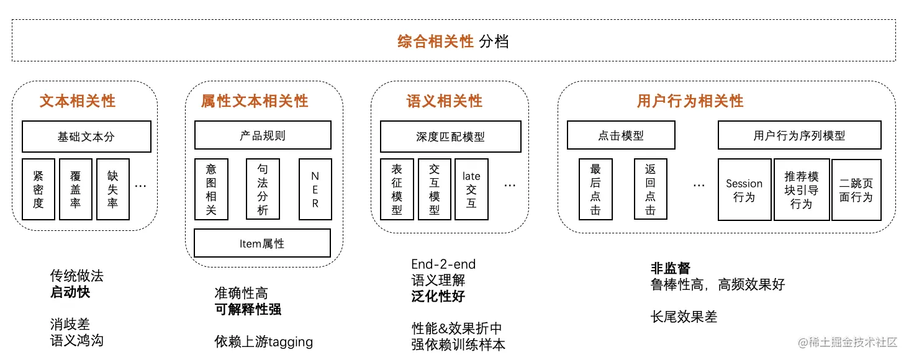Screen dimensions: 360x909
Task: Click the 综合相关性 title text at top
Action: click(x=435, y=42)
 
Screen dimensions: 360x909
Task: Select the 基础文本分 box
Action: click(x=86, y=137)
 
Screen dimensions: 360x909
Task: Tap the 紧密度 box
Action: click(x=38, y=189)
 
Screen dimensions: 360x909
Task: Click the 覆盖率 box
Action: click(x=76, y=189)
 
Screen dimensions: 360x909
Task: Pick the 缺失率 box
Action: click(x=113, y=189)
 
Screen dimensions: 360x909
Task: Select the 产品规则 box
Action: click(x=263, y=135)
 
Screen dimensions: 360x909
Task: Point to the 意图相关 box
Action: click(x=211, y=189)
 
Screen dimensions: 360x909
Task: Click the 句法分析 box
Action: click(x=263, y=189)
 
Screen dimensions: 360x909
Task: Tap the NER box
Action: click(x=315, y=189)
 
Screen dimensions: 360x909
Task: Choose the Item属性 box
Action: click(x=262, y=243)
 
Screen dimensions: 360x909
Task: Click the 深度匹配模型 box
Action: click(x=450, y=137)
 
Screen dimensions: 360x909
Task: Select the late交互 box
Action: click(x=471, y=189)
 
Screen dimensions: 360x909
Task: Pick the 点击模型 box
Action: click(x=621, y=135)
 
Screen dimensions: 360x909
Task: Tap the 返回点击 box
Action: click(x=650, y=189)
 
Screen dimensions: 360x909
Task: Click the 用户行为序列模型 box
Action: click(x=799, y=135)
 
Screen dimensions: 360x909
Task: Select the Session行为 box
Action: click(x=744, y=190)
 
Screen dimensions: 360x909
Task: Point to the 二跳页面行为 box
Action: click(x=856, y=190)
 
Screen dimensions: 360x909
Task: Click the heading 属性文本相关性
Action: click(x=255, y=101)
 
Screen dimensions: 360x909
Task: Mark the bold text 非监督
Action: click(x=670, y=268)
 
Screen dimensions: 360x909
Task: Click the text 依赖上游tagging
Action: click(x=264, y=341)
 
